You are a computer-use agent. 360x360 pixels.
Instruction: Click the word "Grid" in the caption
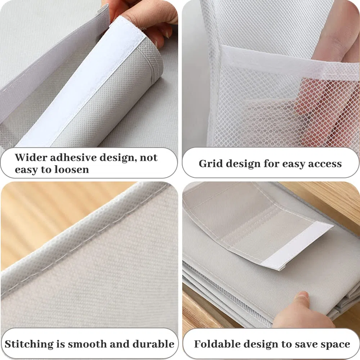[x=209, y=164]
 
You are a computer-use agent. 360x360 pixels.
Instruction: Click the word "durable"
[x=154, y=344]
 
